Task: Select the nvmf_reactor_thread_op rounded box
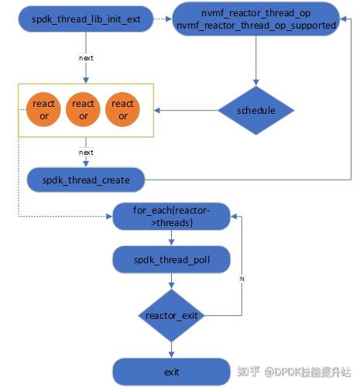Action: point(255,20)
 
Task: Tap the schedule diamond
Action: point(255,111)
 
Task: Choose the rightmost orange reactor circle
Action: point(122,110)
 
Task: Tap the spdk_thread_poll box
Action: point(171,260)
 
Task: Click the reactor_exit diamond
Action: point(171,315)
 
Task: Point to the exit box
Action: point(171,372)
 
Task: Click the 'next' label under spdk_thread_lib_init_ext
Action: point(86,57)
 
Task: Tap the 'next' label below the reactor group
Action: point(86,152)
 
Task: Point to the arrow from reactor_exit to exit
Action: point(171,349)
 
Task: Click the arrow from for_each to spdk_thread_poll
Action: point(171,238)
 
